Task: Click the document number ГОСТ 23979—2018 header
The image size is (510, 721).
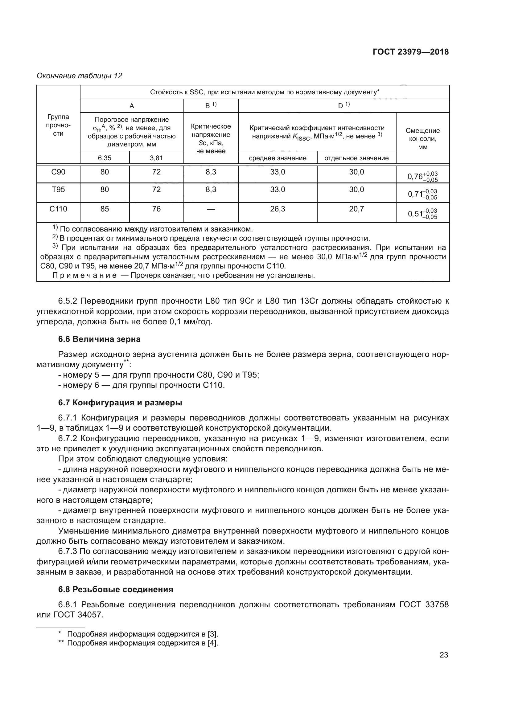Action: [x=410, y=52]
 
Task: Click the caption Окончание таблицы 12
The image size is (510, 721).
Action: [x=79, y=76]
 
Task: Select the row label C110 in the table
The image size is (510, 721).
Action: [x=58, y=209]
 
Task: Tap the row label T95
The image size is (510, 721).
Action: [x=58, y=189]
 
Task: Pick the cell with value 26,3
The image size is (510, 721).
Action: [x=278, y=209]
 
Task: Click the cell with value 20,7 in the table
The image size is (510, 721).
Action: [x=356, y=209]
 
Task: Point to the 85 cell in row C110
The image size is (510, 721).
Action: [x=105, y=209]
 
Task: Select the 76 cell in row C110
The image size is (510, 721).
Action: [x=156, y=209]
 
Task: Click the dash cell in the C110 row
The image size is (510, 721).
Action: [x=211, y=209]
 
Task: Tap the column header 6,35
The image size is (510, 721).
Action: [x=105, y=158]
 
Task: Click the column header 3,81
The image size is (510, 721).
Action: [x=156, y=158]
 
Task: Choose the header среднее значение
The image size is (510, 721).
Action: [x=278, y=158]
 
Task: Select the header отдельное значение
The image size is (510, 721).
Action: [x=356, y=158]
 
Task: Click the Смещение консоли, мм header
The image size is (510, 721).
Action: [x=423, y=139]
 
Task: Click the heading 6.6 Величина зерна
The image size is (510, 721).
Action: [x=99, y=339]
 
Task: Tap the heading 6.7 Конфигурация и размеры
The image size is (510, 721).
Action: [x=120, y=403]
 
